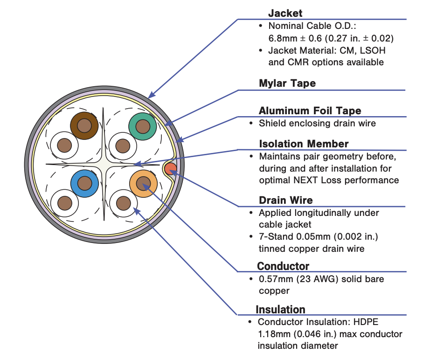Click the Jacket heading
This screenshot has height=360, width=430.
pos(285,13)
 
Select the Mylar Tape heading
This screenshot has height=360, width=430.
pos(287,83)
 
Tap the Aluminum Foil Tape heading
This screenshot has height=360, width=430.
pos(310,111)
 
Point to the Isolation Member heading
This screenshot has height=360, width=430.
pos(304,144)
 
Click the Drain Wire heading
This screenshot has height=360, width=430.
pos(286,200)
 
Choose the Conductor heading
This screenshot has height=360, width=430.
pos(283,266)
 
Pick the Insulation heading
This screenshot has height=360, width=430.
pos(280,310)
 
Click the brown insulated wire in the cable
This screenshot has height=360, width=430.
pos(84,125)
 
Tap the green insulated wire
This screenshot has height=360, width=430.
pos(143,126)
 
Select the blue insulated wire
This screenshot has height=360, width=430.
pos(84,183)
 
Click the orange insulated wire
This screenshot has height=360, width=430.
pos(144,183)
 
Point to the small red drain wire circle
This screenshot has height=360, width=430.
pos(171,169)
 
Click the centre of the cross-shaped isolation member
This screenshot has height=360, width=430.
pos(104,165)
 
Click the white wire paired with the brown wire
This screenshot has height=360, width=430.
pos(64,145)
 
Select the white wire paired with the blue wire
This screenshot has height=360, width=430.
pos(65,203)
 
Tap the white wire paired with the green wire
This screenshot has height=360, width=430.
pos(123,146)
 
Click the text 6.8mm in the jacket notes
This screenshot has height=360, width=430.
pos(283,38)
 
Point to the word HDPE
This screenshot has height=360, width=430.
pos(366,322)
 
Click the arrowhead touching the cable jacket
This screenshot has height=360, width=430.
pos(152,95)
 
